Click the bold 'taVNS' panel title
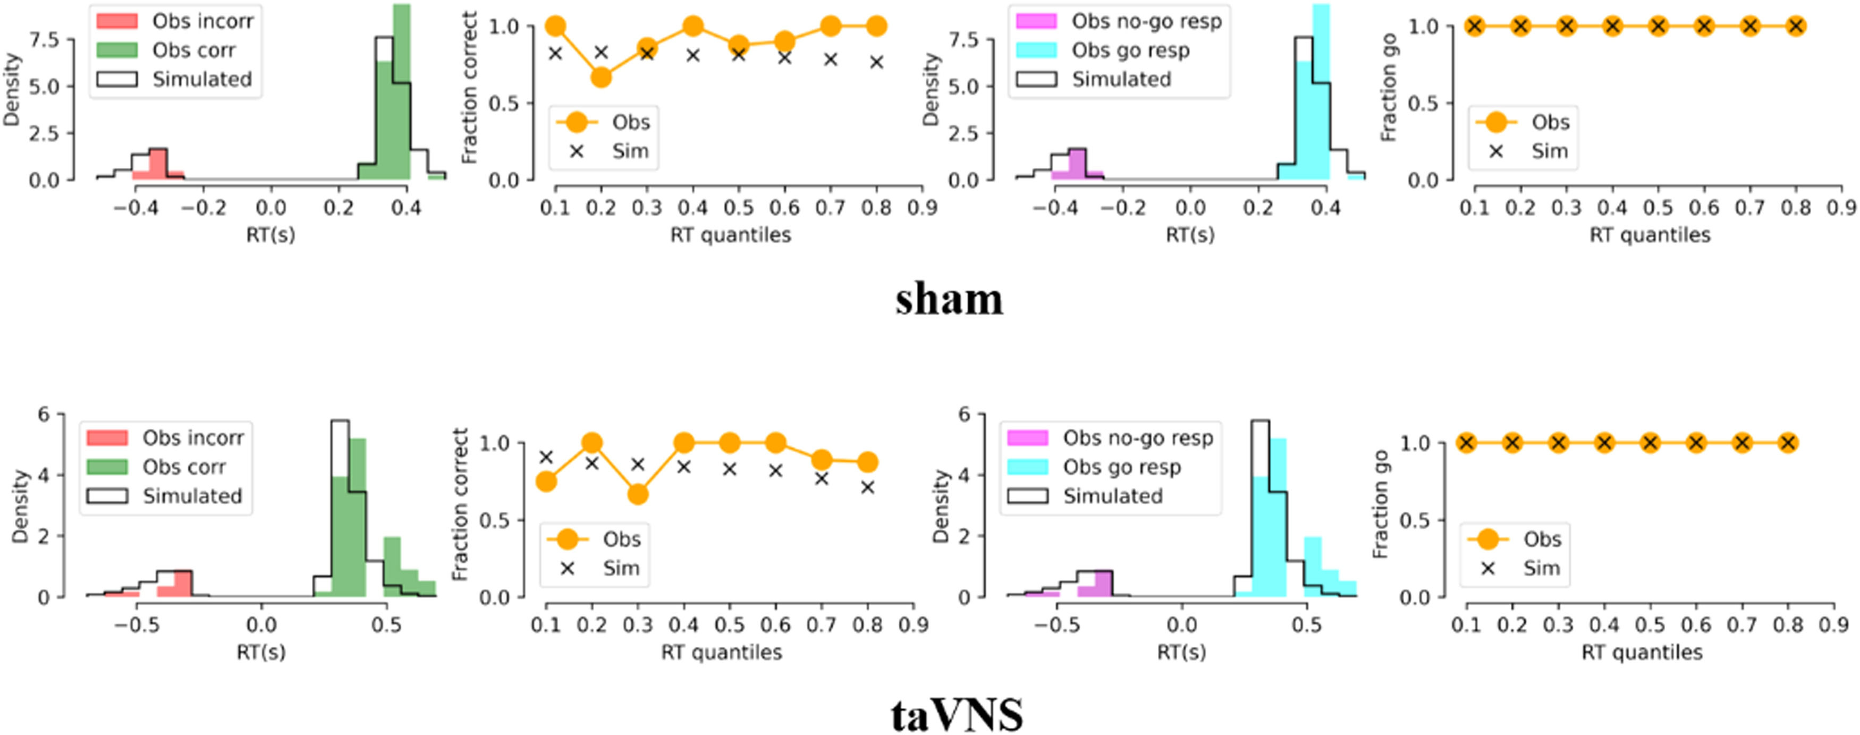(x=957, y=715)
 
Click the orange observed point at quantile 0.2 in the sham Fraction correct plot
(x=601, y=77)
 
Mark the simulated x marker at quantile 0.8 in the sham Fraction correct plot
(x=876, y=62)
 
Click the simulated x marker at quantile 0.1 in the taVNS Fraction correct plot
(x=547, y=457)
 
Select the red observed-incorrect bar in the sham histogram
(x=158, y=164)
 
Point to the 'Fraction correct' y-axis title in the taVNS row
(x=460, y=504)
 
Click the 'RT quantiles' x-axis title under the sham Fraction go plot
(x=1650, y=235)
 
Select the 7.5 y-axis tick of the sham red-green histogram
(x=45, y=40)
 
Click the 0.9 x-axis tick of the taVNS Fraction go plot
(x=1834, y=624)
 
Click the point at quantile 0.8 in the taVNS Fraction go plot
(x=1788, y=443)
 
